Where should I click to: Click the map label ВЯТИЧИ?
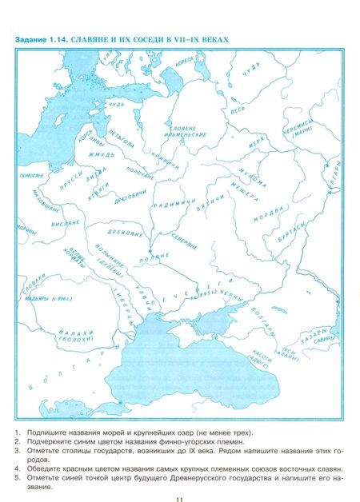pyautogui.click(x=208, y=203)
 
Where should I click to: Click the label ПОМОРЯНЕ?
pyautogui.click(x=30, y=174)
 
